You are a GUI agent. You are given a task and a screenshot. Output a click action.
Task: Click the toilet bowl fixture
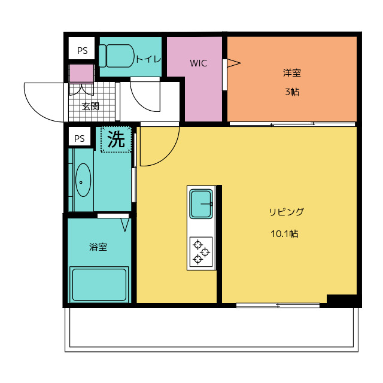pos(117,56)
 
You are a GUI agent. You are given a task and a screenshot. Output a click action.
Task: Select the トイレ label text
pos(148,59)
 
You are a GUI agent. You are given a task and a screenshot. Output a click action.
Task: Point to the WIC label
pos(198,63)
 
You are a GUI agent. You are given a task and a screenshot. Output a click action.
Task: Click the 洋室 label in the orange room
pos(292,73)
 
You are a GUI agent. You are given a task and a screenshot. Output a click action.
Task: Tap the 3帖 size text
pos(292,92)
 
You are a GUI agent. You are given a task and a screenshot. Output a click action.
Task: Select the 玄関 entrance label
pos(90,107)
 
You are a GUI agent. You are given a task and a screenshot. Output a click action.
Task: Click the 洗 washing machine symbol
pos(116,139)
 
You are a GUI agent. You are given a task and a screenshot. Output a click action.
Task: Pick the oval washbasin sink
pos(83,180)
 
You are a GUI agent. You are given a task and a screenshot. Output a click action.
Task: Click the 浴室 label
pos(98,247)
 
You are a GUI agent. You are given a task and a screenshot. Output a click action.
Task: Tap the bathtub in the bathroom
pos(99,285)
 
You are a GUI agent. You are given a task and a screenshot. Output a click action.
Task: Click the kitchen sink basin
pos(201,204)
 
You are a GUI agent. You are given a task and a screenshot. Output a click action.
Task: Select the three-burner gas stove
pos(201,252)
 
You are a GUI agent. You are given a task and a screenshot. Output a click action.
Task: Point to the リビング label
pos(286,212)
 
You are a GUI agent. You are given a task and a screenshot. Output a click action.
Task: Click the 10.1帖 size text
pos(284,234)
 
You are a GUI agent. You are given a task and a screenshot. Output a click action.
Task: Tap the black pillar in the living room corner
pos(342,299)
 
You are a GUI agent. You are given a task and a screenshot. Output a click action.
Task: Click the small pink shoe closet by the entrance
pos(81,74)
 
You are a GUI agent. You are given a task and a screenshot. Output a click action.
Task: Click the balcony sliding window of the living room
pos(278,305)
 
